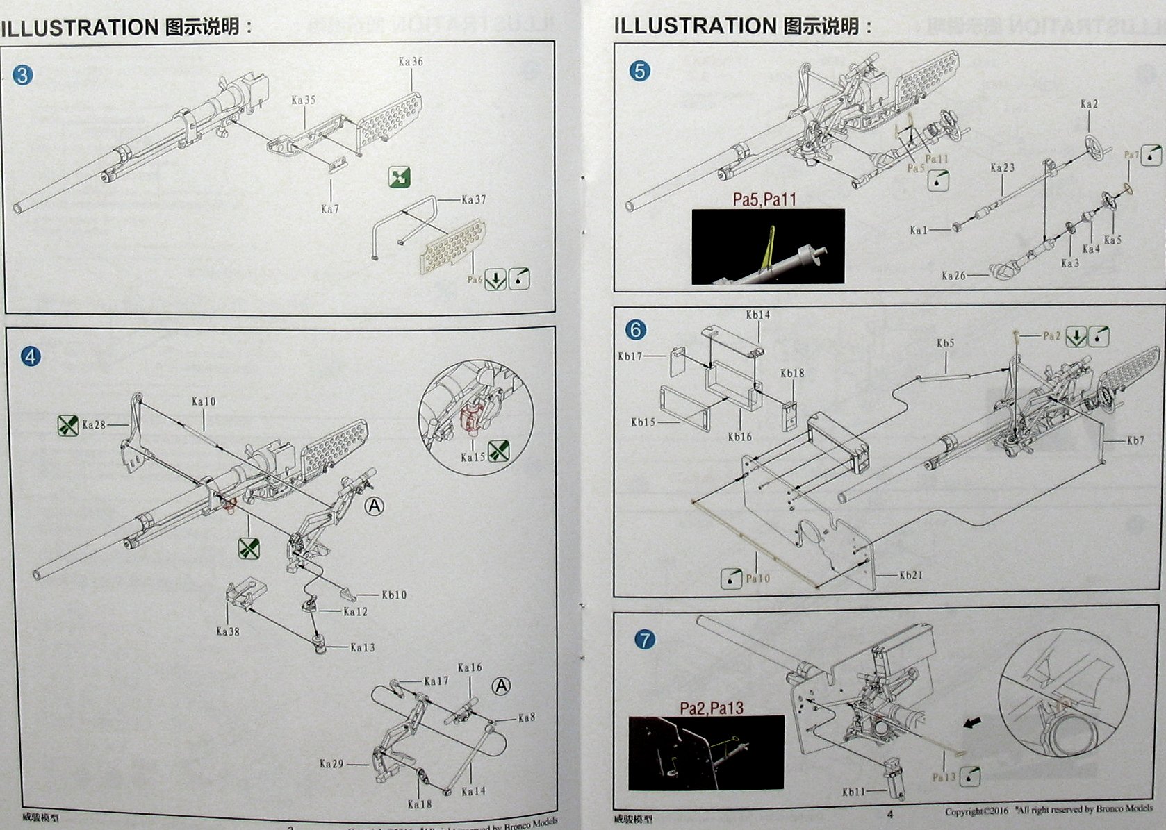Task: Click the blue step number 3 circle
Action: [23, 75]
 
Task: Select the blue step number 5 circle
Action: [639, 71]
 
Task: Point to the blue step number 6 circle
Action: [635, 329]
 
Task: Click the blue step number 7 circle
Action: [646, 639]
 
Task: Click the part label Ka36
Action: [411, 62]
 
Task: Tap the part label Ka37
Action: [473, 200]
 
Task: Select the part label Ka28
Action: [94, 425]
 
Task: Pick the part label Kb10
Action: [394, 595]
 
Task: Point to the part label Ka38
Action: [227, 631]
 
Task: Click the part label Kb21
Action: [910, 576]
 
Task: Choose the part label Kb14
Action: [757, 315]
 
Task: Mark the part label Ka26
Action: [953, 276]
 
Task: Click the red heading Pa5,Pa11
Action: [764, 200]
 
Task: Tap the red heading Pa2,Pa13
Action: [712, 708]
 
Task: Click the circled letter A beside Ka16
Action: [501, 686]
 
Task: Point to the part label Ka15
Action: [473, 457]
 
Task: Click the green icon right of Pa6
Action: [495, 280]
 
